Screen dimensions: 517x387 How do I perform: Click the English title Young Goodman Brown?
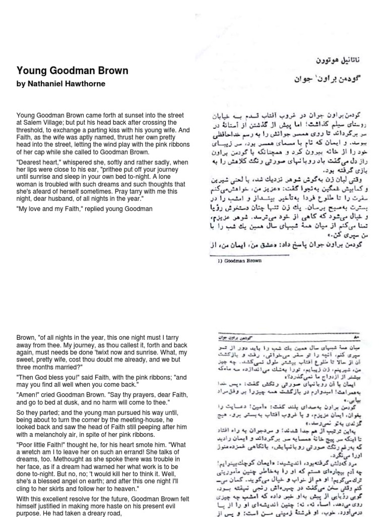pyautogui.click(x=73, y=71)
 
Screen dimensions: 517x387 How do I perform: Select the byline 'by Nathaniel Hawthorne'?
pyautogui.click(x=61, y=84)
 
